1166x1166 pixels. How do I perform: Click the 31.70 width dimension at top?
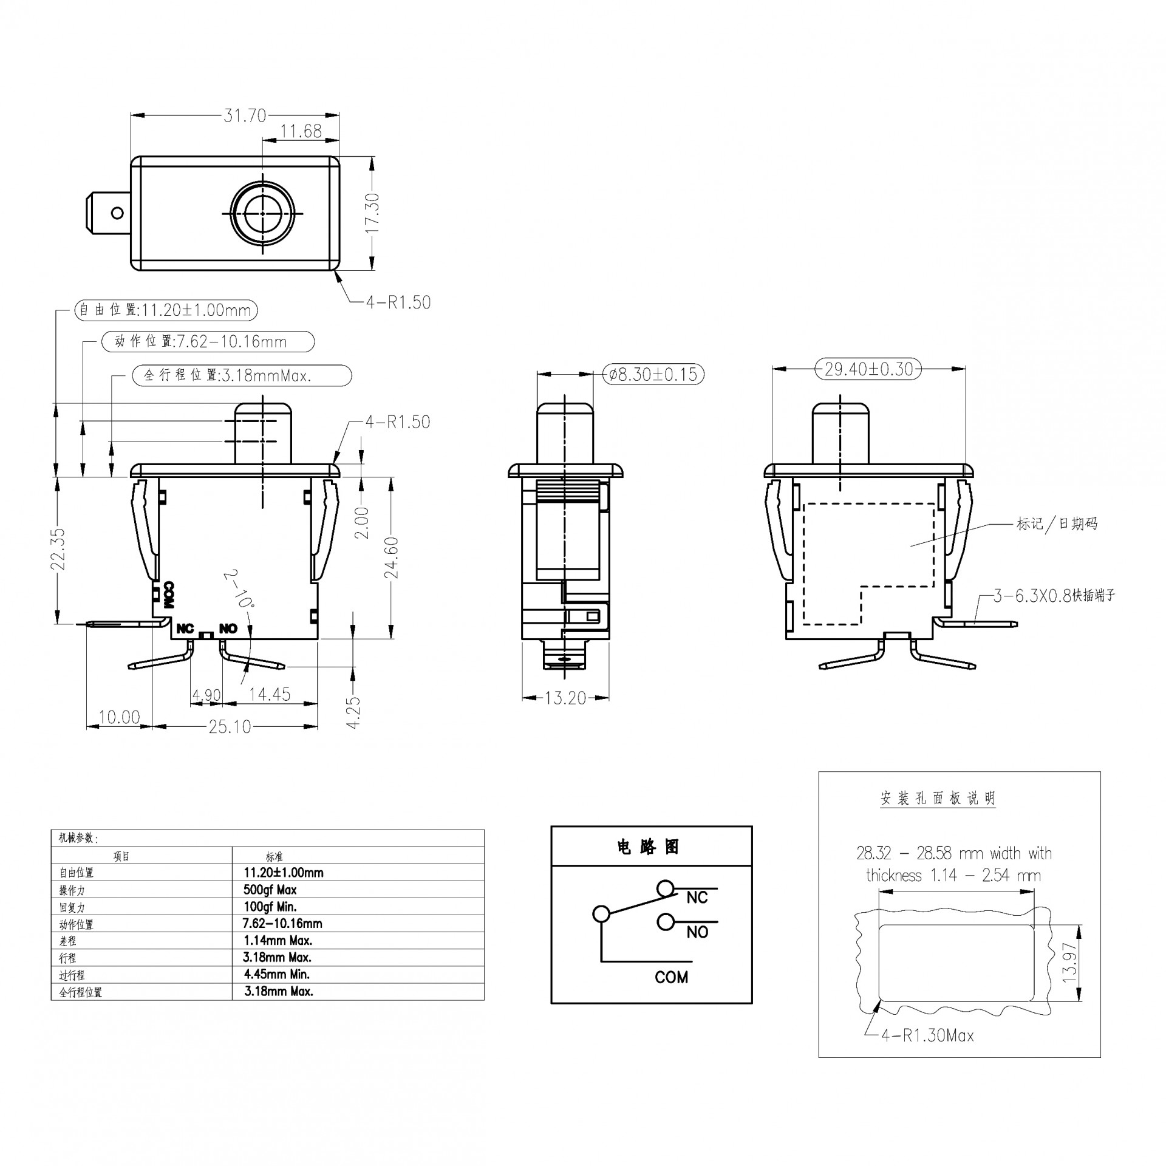click(245, 115)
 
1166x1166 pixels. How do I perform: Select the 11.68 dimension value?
click(301, 131)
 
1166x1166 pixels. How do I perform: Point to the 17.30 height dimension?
click(373, 213)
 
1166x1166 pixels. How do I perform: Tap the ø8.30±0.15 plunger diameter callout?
click(653, 374)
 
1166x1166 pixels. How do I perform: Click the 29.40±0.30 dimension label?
click(868, 369)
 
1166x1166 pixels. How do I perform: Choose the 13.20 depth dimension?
click(565, 698)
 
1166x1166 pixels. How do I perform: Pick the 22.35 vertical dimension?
click(58, 549)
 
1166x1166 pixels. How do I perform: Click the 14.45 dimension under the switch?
click(270, 694)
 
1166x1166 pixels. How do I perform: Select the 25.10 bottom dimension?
click(230, 726)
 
